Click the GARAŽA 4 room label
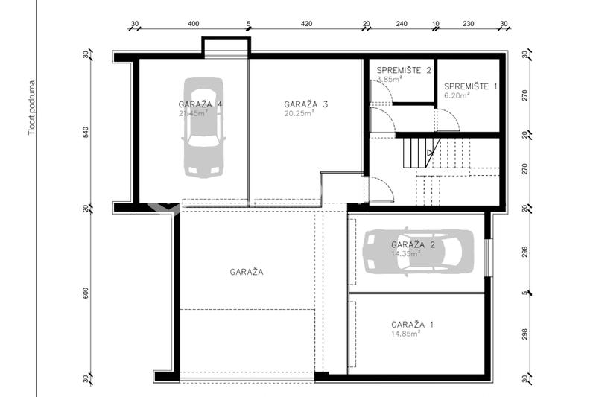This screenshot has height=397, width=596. click(x=200, y=104)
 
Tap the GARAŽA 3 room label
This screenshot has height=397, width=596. click(x=306, y=104)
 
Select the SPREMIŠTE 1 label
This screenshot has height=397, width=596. click(x=471, y=86)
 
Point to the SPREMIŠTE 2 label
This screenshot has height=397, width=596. click(x=404, y=70)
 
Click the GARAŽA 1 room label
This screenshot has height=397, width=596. click(x=413, y=325)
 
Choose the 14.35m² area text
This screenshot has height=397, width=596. click(x=405, y=253)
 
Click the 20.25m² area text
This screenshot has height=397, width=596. click(x=299, y=113)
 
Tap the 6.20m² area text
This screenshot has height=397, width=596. click(x=457, y=95)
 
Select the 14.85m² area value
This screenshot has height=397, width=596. click(x=405, y=334)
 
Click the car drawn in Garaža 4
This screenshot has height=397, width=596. click(x=204, y=127)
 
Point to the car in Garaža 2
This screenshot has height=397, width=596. click(x=419, y=251)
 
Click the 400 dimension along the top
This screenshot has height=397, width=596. click(x=194, y=24)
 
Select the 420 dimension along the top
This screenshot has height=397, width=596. click(x=307, y=24)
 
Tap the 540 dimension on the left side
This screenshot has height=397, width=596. click(x=86, y=132)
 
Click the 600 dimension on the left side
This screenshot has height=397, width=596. click(x=86, y=293)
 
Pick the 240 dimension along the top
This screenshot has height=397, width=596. click(x=402, y=24)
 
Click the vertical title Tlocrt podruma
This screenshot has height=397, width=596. click(x=32, y=108)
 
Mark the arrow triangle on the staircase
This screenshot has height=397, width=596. click(x=430, y=153)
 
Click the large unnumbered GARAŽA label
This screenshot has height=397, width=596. click(x=247, y=272)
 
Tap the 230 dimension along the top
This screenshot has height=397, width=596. click(x=469, y=24)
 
